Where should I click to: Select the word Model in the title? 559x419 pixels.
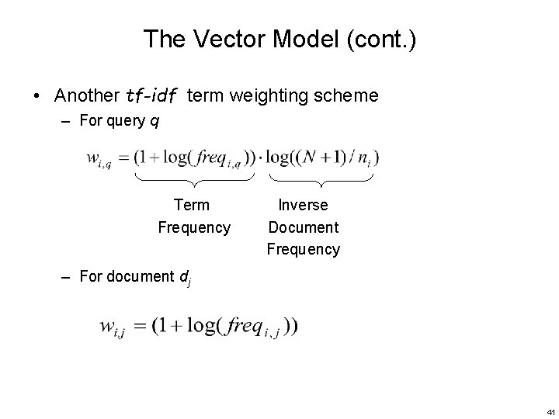[295, 40]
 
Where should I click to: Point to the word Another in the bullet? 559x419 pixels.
[86, 96]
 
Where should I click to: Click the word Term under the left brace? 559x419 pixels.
[192, 205]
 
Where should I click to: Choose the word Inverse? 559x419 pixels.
[303, 205]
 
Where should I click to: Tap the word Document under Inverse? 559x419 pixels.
[303, 227]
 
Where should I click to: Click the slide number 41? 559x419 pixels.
[550, 410]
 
